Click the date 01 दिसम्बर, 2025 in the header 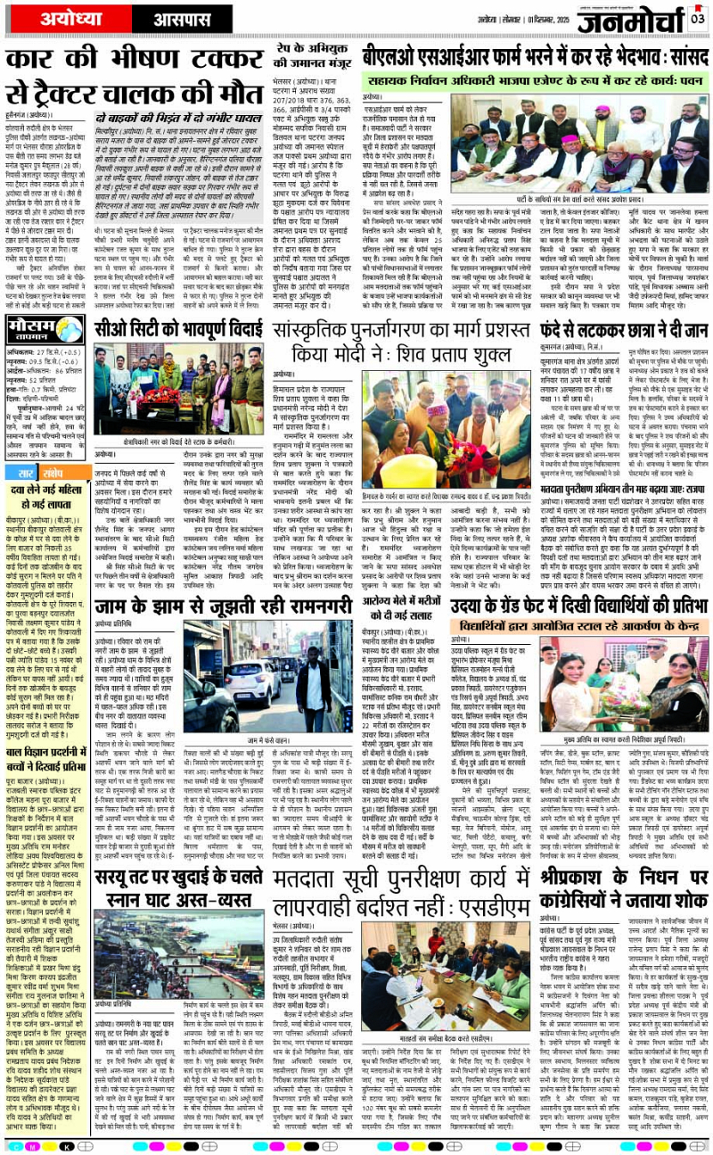tap(529, 17)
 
